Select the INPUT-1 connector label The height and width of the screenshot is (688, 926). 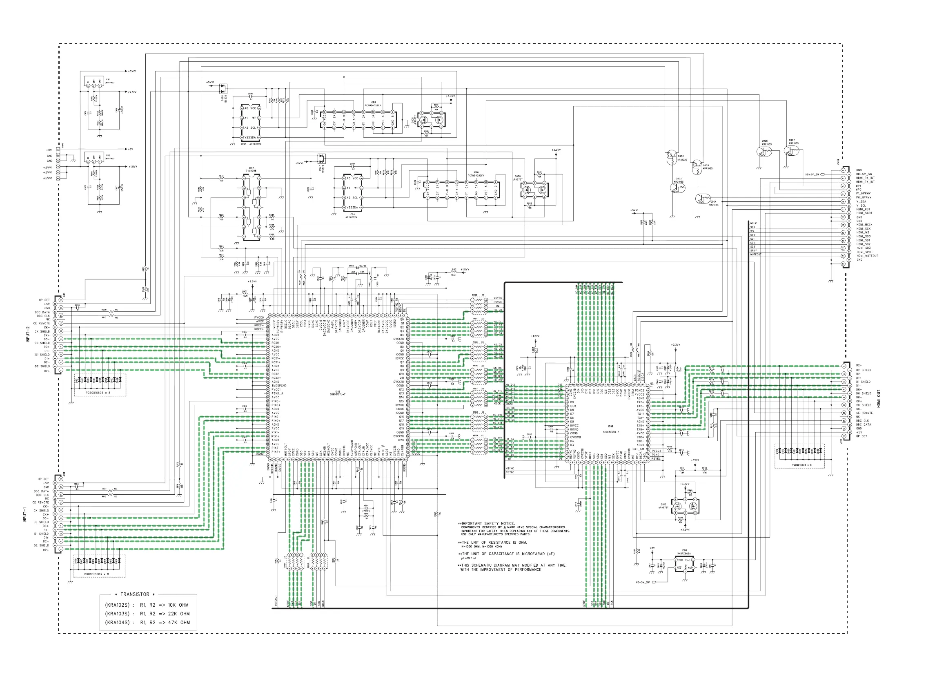click(x=24, y=514)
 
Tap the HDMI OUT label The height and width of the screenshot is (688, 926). click(x=879, y=399)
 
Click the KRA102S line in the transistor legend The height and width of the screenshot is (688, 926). click(x=147, y=605)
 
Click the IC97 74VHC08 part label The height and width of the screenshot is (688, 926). click(x=251, y=170)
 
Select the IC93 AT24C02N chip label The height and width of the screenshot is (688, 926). click(x=251, y=144)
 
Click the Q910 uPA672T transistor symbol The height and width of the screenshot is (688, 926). click(x=685, y=507)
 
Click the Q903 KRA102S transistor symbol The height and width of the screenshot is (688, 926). click(x=671, y=156)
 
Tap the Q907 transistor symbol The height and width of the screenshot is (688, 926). click(x=791, y=151)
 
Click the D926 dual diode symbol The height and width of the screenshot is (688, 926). click(x=223, y=88)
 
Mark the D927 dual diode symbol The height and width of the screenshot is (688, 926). click(x=321, y=159)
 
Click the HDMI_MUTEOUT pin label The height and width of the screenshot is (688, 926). click(x=867, y=256)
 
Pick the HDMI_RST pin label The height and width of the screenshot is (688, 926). click(x=863, y=209)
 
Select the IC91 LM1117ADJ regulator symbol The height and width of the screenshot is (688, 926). click(x=94, y=85)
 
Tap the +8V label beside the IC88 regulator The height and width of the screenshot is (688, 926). click(x=652, y=548)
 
